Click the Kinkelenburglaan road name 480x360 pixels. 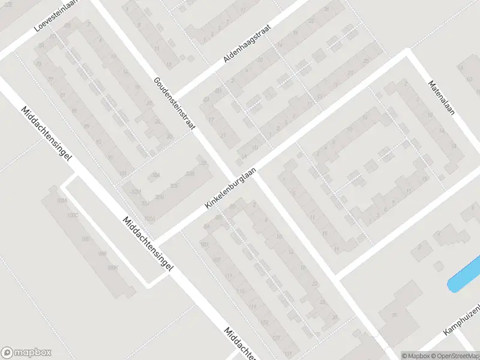230,188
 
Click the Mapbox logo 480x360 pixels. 26,353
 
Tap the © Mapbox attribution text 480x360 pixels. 415,355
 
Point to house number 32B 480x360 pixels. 190,174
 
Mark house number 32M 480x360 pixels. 136,191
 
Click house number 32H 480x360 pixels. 160,197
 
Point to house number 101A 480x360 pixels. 150,218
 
